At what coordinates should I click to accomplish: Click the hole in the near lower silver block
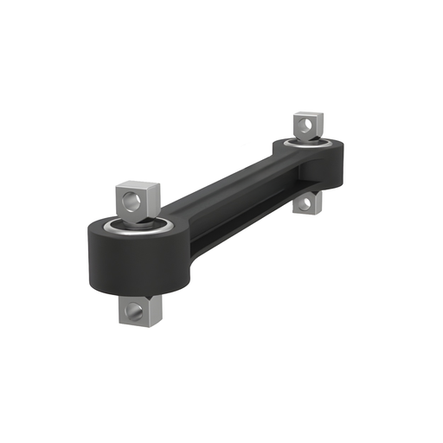pos(132,310)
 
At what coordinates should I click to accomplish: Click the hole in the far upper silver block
pos(303,126)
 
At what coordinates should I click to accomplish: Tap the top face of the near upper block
pos(138,185)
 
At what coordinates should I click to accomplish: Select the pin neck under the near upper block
pos(137,220)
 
